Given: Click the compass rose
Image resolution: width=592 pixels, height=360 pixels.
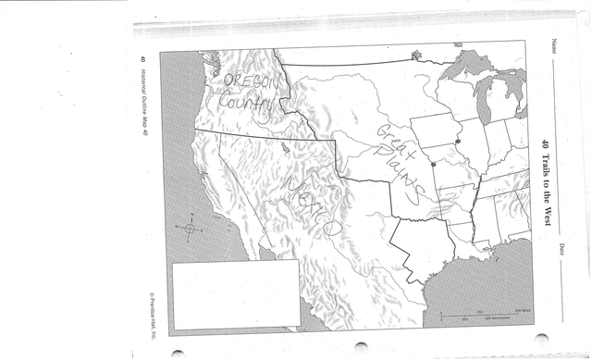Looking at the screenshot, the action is [x=190, y=228].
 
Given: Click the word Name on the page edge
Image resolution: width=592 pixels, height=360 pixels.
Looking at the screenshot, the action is [x=554, y=45].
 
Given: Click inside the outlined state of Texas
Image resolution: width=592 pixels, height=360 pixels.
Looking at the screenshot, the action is [x=421, y=245].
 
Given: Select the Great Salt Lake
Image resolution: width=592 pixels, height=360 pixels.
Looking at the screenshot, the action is [x=283, y=145].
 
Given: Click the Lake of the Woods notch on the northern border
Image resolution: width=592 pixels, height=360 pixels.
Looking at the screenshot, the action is [x=415, y=55].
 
